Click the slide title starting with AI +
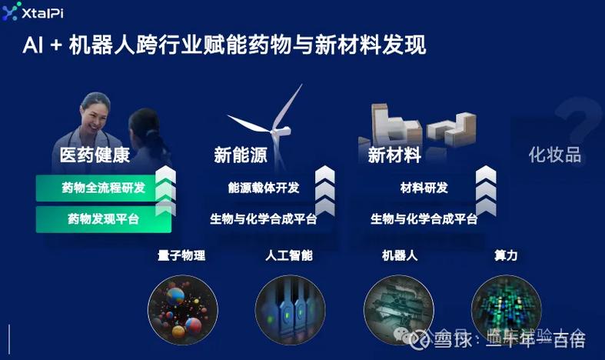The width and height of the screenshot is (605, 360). (x=223, y=44)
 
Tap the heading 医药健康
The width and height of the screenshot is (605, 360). (x=95, y=155)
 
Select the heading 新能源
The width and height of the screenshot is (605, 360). (x=241, y=155)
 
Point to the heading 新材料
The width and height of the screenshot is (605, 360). (x=394, y=155)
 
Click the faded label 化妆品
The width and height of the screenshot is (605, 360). (x=554, y=155)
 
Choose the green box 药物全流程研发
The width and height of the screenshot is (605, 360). (x=104, y=188)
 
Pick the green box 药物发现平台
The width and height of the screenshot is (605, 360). (x=104, y=219)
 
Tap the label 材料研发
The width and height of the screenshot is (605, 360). (x=424, y=188)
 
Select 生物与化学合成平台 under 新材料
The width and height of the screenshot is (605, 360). (x=424, y=219)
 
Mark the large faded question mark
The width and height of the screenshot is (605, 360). (x=577, y=122)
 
